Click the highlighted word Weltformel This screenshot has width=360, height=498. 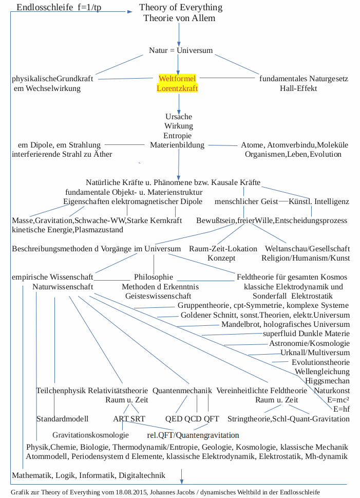click(x=177, y=79)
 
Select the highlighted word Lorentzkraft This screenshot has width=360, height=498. click(x=177, y=88)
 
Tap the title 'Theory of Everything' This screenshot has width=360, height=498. click(x=181, y=7)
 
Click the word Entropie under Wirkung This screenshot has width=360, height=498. click(x=178, y=136)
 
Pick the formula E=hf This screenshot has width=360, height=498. click(x=341, y=410)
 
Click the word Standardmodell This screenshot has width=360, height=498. click(x=62, y=419)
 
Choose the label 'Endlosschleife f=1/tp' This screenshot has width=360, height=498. click(x=59, y=7)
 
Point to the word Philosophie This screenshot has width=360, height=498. click(x=154, y=277)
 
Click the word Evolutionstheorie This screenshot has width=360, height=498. click(x=320, y=362)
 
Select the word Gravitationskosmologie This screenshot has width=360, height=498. click(x=90, y=435)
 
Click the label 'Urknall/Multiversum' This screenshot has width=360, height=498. click(x=315, y=353)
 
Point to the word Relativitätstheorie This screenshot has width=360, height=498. click(x=118, y=391)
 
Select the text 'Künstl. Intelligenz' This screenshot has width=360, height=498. click(x=319, y=201)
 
